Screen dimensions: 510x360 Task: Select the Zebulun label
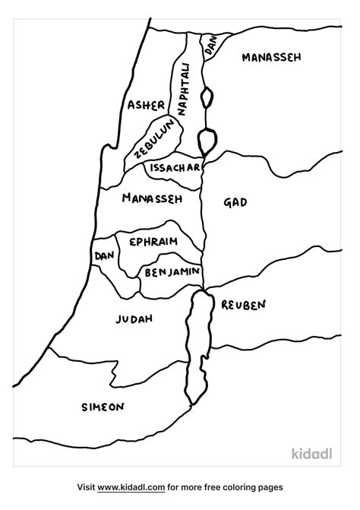coord(156,138)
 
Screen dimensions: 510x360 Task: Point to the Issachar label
coord(175,167)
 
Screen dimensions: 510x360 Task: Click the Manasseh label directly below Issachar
coord(152,199)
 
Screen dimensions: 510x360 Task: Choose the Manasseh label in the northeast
coord(271,56)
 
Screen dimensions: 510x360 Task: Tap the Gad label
coord(235,202)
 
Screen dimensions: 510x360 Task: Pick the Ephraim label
coord(153,242)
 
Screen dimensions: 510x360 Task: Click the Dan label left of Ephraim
coord(103,257)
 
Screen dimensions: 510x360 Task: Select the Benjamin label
coord(172,271)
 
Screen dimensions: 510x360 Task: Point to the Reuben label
coord(244,305)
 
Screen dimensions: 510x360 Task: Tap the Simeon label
coord(103,407)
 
